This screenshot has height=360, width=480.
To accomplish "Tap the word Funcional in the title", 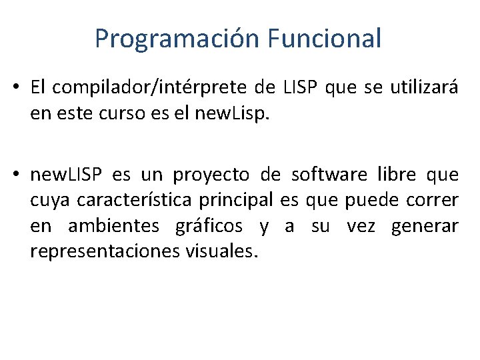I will coord(325,38).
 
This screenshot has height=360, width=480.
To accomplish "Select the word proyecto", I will coord(211,175).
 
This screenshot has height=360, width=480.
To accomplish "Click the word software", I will coord(329,175).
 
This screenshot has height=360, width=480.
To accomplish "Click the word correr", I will coord(433,201).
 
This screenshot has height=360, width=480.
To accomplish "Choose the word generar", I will coord(425,227).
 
